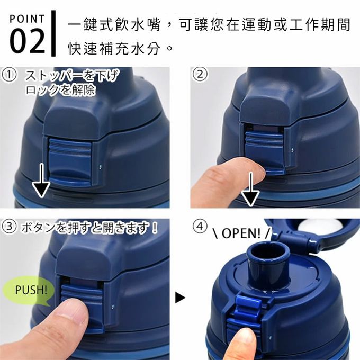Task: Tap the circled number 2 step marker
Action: click(200, 75)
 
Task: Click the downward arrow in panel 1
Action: click(41, 183)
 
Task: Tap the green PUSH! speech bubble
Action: click(31, 290)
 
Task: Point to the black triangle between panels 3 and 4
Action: click(181, 298)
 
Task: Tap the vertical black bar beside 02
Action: click(53, 33)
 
